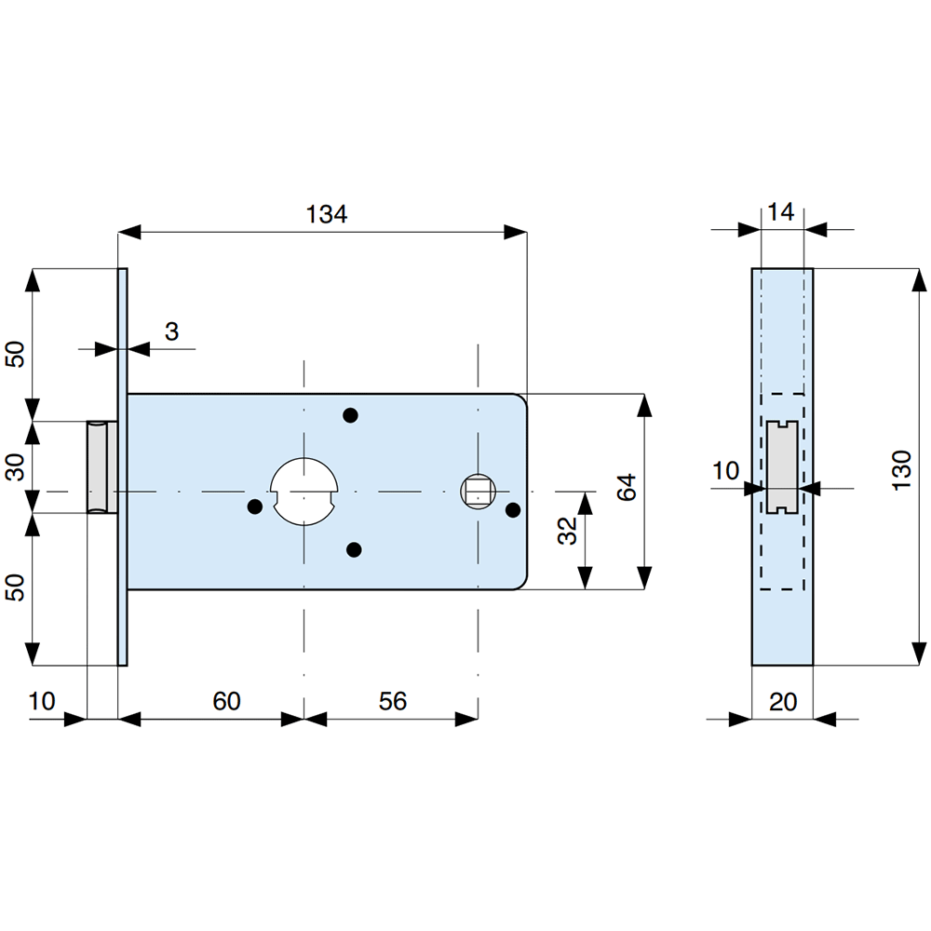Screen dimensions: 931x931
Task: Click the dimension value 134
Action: tap(326, 214)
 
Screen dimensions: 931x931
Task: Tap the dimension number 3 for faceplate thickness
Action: tap(171, 331)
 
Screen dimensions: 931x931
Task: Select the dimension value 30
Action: tap(16, 466)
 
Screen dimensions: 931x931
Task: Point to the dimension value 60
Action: tap(226, 700)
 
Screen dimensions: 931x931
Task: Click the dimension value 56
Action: tap(393, 700)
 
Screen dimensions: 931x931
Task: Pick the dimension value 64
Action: tap(626, 487)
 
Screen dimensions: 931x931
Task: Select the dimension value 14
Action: tap(782, 212)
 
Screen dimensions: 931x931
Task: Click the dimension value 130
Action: tap(901, 471)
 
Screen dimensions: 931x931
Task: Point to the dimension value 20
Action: tap(784, 701)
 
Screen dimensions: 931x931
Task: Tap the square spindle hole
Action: tap(478, 491)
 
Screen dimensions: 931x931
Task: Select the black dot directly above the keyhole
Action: tap(350, 414)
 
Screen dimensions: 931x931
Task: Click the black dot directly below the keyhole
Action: tap(353, 550)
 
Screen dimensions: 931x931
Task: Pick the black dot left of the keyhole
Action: tap(253, 506)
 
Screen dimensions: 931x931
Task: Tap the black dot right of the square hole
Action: tap(512, 509)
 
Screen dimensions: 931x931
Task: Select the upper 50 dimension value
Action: tap(16, 354)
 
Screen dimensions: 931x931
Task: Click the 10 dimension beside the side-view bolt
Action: tap(726, 471)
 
